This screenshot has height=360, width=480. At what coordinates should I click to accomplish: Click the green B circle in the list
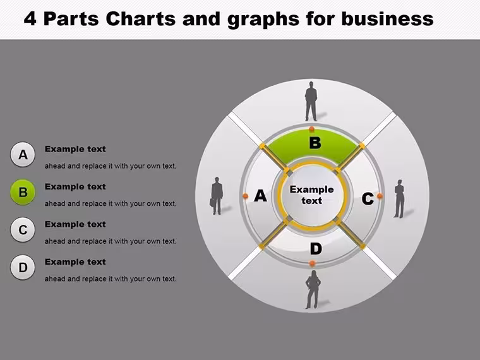point(23,192)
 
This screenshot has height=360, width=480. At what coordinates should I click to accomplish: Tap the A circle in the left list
point(23,155)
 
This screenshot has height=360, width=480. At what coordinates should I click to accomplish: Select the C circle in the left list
point(23,230)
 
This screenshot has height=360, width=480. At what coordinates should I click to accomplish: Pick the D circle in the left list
point(23,268)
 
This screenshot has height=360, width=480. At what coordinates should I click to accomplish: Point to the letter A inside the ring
point(260,196)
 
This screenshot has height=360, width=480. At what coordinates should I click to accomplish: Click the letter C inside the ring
point(368,199)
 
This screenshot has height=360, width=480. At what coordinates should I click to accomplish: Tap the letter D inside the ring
point(316,249)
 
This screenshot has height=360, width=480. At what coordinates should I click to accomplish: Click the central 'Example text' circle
point(311,195)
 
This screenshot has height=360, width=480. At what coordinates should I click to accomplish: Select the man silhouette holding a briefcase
point(217,196)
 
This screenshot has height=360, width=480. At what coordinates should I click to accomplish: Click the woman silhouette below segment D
point(313,289)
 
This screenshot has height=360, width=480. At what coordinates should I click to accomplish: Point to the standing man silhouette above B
point(311,101)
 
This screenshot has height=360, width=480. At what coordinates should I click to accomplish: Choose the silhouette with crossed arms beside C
point(399,199)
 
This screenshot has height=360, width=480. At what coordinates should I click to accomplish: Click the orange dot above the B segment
point(311,129)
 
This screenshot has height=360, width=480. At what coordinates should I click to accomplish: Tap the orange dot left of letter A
point(245,196)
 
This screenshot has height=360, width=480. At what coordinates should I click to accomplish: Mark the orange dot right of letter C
point(380,196)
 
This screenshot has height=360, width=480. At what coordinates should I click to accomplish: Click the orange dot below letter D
point(312,263)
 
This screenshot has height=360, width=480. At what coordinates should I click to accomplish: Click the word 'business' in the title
point(387,19)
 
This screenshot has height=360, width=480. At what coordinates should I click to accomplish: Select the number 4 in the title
point(30,19)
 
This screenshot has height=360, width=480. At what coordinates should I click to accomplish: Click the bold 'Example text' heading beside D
point(75,261)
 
